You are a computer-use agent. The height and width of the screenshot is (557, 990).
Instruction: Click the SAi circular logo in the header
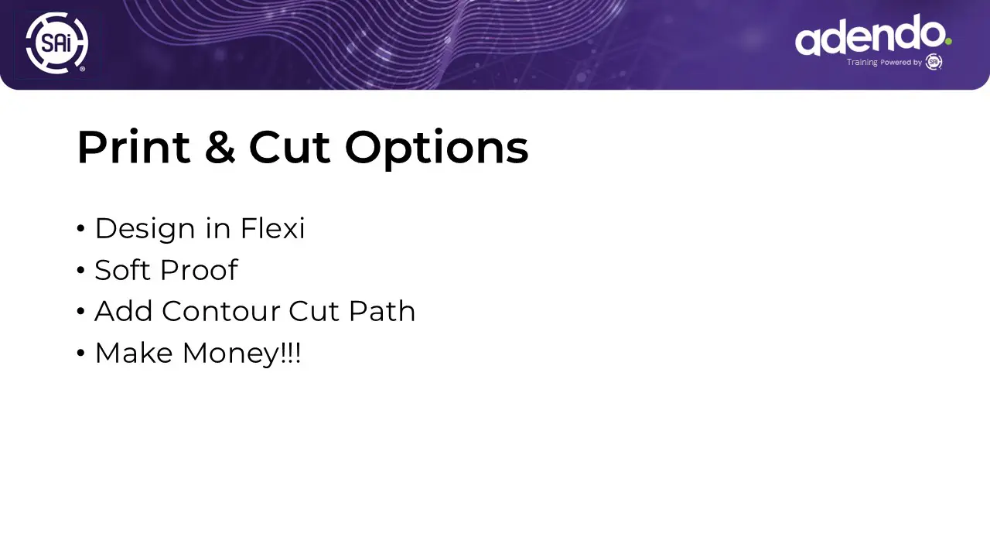point(57,43)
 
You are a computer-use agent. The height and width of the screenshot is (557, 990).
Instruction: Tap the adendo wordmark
point(870,35)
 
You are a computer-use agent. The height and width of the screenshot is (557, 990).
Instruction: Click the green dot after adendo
point(948,42)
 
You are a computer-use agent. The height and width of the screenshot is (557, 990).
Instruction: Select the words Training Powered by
point(884,63)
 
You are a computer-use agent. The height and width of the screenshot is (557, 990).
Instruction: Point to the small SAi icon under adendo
point(934,62)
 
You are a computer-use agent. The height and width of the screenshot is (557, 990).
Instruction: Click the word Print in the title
point(134,147)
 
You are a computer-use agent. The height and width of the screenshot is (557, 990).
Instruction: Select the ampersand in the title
point(220,147)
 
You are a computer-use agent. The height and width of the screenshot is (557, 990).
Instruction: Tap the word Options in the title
point(436,148)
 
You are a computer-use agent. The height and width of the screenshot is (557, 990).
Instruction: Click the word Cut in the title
point(289,147)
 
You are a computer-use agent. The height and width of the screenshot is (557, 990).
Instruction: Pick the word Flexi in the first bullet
point(272,228)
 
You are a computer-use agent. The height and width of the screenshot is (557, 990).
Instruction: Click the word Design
point(145,229)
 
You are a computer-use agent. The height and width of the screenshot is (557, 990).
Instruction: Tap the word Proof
point(199,270)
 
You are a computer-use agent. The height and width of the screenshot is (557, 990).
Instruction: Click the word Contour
point(220,311)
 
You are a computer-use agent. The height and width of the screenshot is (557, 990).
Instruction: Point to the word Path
point(382,311)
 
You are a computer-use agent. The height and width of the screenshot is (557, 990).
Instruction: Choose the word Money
point(231,354)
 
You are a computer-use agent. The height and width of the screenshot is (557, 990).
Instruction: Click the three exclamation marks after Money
point(290,353)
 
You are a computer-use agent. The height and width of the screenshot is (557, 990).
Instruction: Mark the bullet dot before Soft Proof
point(80,270)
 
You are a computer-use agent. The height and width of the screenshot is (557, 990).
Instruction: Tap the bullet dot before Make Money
point(80,353)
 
